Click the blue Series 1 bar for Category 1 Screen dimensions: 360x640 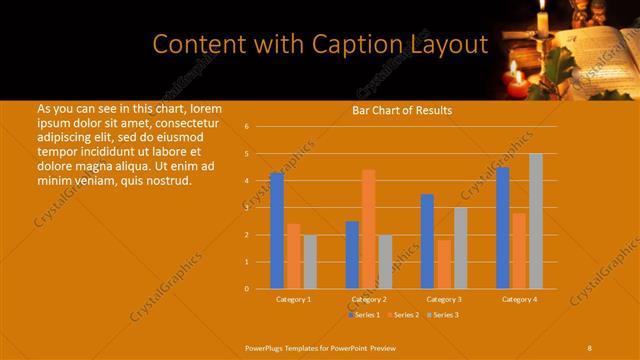click(277, 231)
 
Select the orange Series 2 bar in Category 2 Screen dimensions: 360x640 click(368, 229)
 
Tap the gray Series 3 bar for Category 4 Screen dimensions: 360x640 click(536, 221)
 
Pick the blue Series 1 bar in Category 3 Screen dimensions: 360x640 click(427, 241)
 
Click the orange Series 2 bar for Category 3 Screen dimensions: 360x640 click(444, 264)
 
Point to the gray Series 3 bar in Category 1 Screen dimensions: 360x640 click(310, 262)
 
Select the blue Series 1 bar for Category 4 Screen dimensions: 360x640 click(503, 228)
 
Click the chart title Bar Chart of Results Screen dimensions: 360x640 click(402, 110)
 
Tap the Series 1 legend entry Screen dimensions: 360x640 click(364, 315)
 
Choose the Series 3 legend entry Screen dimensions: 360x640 click(442, 315)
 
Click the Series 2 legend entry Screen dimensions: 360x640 click(403, 315)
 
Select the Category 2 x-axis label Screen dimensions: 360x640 click(369, 299)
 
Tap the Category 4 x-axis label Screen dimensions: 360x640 click(519, 299)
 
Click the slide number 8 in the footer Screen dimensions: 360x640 click(590, 346)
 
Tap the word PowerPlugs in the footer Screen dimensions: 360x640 click(266, 346)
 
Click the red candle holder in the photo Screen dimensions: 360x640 click(517, 87)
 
